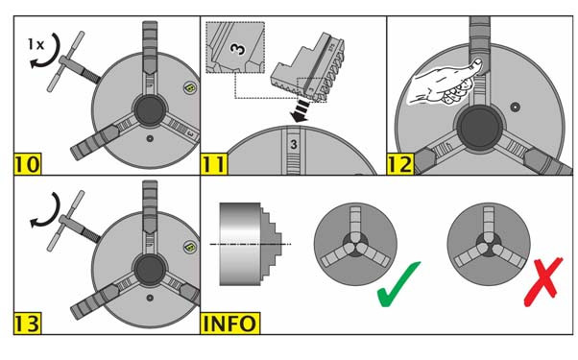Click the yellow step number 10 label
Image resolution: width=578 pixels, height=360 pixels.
[x=28, y=164]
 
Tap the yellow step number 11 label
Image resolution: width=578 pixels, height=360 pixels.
[x=214, y=164]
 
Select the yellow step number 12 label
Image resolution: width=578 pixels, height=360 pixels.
[x=400, y=164]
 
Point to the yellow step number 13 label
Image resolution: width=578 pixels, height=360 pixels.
[x=28, y=324]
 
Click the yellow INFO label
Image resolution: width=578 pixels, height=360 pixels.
[x=230, y=324]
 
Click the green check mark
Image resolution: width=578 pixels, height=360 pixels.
[x=397, y=284]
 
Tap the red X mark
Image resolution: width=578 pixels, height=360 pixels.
[x=543, y=282]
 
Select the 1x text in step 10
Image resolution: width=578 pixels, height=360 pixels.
[x=36, y=44]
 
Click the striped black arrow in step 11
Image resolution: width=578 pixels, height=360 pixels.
[x=301, y=110]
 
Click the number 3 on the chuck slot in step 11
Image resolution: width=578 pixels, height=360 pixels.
[x=294, y=144]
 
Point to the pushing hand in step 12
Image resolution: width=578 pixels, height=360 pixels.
[x=444, y=84]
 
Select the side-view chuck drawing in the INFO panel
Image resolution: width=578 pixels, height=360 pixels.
[x=251, y=244]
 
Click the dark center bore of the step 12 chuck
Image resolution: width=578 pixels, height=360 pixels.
[x=479, y=128]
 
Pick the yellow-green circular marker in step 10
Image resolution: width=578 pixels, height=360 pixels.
[x=189, y=88]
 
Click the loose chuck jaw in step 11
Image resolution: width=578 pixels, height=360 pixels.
[x=309, y=69]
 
